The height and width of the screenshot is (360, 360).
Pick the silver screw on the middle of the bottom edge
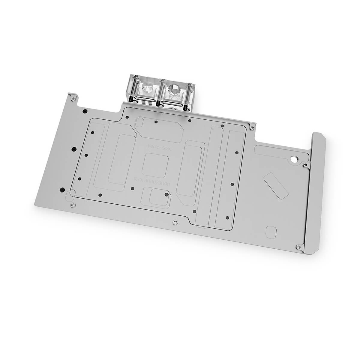(x=175, y=223)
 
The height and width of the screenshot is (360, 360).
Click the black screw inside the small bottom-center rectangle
(x=166, y=194)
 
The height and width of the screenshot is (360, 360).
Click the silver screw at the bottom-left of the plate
(x=71, y=205)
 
